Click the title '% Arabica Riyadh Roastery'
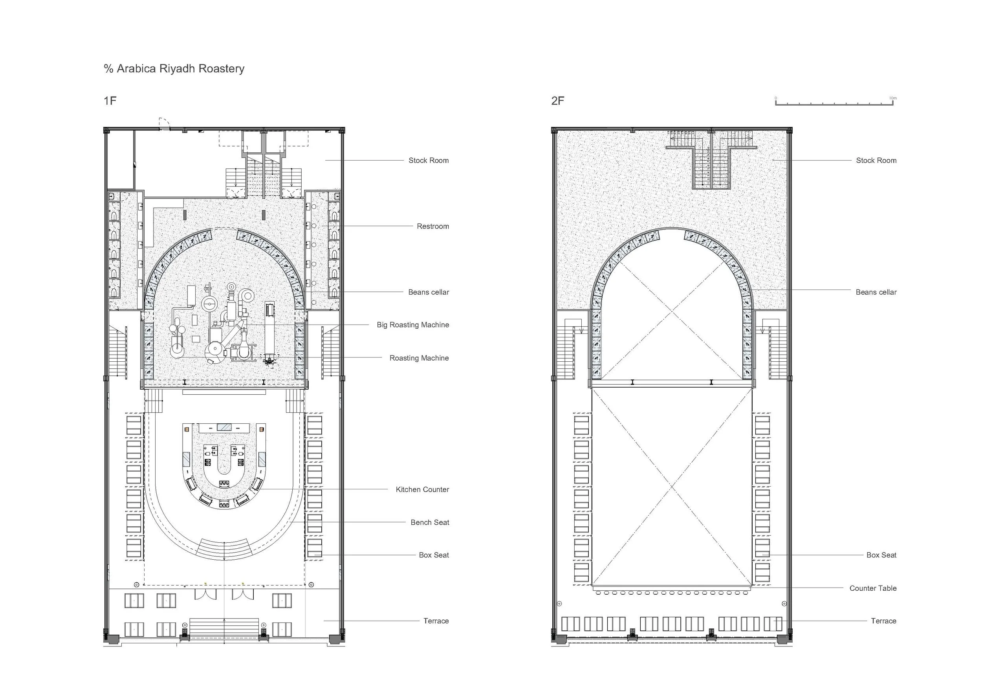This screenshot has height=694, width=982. click(174, 69)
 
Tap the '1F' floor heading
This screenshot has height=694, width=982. click(110, 101)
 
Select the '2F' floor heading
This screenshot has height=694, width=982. click(557, 101)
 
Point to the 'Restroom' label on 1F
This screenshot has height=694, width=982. click(432, 226)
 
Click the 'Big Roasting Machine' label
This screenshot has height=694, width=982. click(412, 325)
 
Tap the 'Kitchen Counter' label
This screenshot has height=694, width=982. click(422, 490)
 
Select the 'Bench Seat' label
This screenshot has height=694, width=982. click(429, 522)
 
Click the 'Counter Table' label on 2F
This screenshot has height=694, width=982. click(872, 588)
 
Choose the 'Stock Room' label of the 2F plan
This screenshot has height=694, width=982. click(876, 160)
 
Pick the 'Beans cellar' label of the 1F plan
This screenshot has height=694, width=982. click(428, 292)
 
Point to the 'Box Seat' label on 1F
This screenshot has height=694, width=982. click(434, 555)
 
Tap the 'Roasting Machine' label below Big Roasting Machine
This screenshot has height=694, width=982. click(419, 358)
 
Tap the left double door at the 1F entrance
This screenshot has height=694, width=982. click(205, 594)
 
